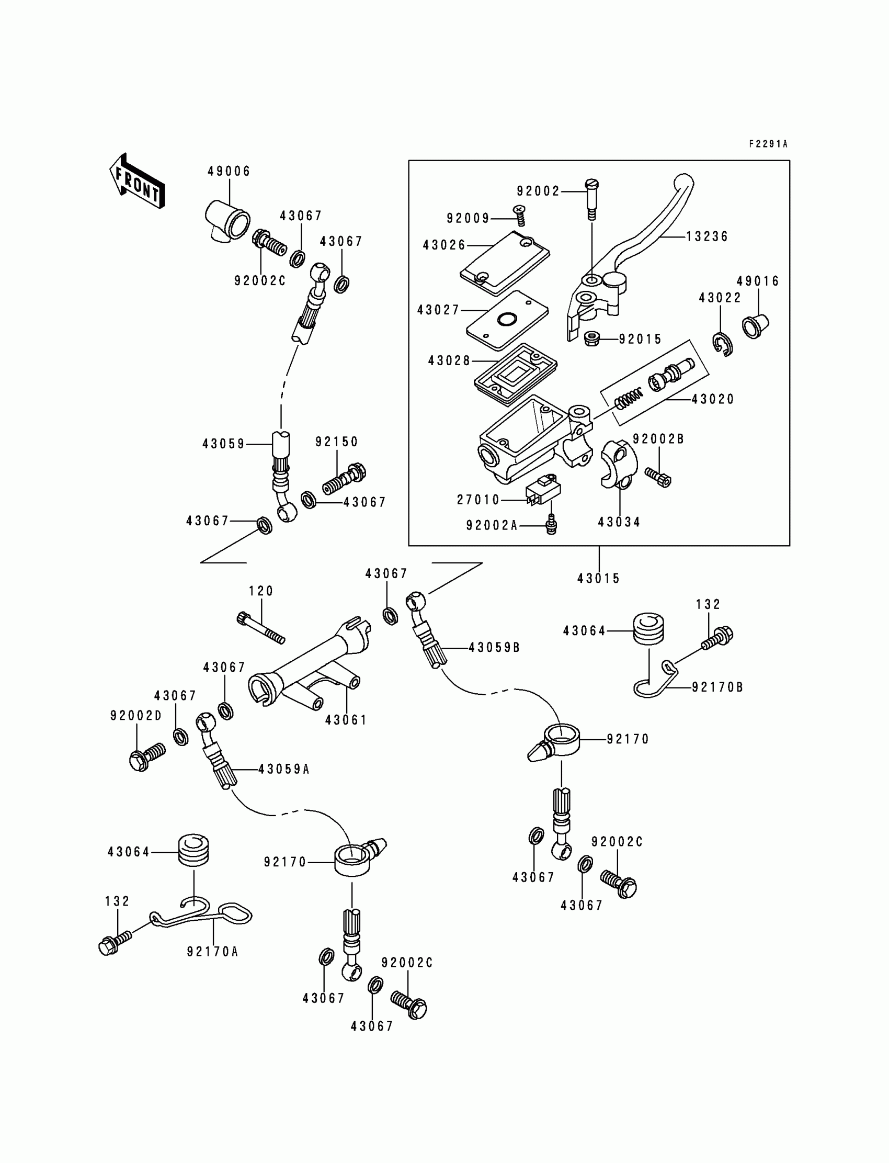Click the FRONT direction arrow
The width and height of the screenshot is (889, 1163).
click(x=136, y=181)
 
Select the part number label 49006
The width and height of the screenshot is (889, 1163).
click(x=229, y=171)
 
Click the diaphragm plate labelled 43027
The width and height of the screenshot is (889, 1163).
click(x=506, y=319)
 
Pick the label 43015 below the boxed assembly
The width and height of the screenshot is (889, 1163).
click(x=598, y=579)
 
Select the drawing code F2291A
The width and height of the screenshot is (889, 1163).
click(x=768, y=144)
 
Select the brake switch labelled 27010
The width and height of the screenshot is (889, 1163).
click(x=543, y=489)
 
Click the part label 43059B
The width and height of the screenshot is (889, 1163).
click(x=494, y=647)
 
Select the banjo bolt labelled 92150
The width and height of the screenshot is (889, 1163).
click(x=345, y=479)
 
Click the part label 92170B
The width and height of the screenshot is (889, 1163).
click(x=717, y=687)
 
